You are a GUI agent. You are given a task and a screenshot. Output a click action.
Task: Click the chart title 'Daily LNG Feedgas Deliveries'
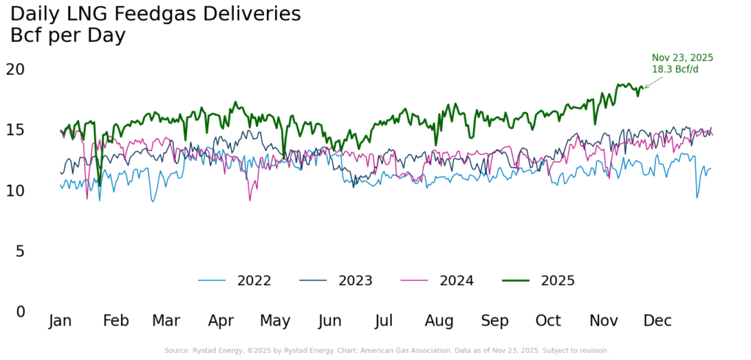[x=155, y=13]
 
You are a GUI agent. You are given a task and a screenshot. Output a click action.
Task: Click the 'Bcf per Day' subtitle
[x=67, y=35]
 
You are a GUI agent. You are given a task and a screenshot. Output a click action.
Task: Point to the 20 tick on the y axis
[x=15, y=69]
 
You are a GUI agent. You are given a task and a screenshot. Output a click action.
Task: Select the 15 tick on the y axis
[x=15, y=130]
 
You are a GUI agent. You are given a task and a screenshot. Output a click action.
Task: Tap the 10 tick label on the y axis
[x=15, y=191]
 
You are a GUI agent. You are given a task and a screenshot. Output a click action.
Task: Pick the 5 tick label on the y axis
[x=20, y=251]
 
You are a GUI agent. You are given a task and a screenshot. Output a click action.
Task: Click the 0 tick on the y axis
[x=20, y=312]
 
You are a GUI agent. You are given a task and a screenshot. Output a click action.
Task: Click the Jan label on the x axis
[x=60, y=321]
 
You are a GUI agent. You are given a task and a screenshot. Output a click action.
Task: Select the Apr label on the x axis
[x=221, y=321]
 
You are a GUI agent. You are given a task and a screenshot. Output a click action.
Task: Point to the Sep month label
[x=495, y=321]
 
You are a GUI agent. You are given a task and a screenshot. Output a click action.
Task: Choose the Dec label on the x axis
[x=658, y=321]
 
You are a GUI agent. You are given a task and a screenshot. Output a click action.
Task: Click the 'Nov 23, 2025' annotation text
[x=682, y=58]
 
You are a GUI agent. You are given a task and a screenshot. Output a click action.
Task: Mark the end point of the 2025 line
[x=642, y=88]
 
